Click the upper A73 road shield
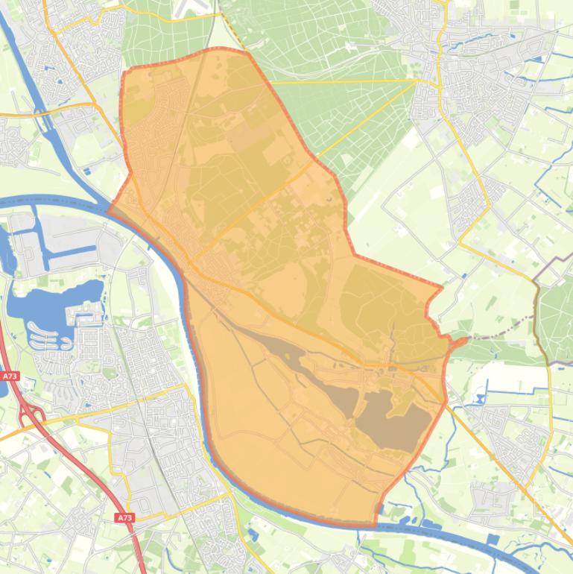click(x=9, y=377)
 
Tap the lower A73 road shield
click(x=124, y=517)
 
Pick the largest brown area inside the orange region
click(x=391, y=421)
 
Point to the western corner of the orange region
click(x=110, y=209)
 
